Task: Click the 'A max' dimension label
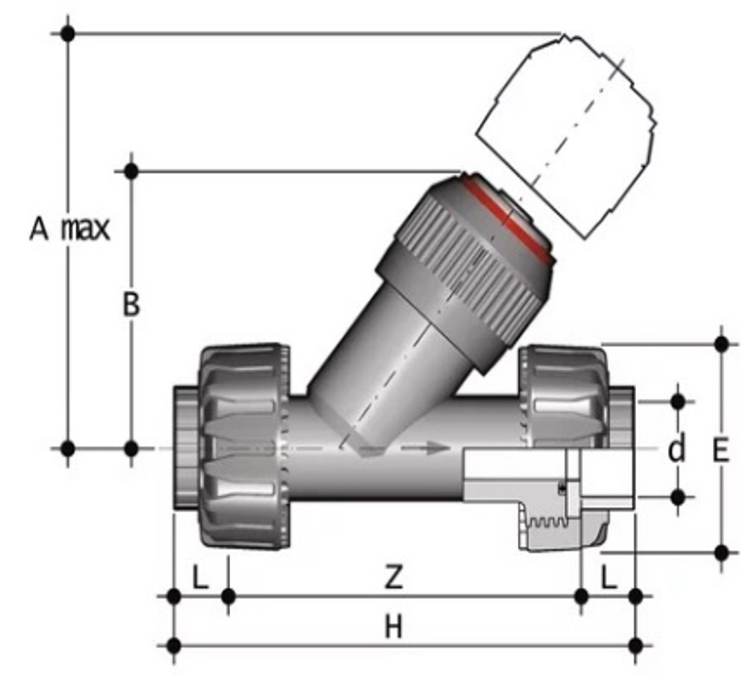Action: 70,229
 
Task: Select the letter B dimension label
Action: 131,305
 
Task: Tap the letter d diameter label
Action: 676,449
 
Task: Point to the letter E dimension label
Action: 720,450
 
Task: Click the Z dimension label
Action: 393,577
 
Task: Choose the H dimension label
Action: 393,627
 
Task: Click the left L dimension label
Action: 200,577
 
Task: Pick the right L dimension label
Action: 609,577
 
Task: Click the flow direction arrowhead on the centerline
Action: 439,448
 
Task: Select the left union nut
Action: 244,447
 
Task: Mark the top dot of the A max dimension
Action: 68,34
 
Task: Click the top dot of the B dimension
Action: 132,170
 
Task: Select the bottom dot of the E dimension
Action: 721,553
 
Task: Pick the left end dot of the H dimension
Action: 174,646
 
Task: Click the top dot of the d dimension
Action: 678,401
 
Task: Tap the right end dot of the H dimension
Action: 635,646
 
